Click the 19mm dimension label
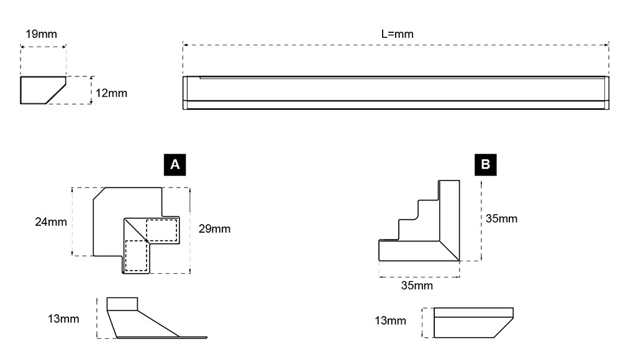[x=41, y=34]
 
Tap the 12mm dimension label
[x=111, y=93]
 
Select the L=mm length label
[x=398, y=34]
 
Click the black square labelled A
[x=175, y=165]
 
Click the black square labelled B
[x=485, y=165]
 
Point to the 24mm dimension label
[x=51, y=222]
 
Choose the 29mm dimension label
[x=214, y=229]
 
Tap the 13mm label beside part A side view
[x=63, y=319]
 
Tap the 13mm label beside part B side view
[x=391, y=321]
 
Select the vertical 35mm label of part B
[x=501, y=219]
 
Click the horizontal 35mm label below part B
[x=417, y=286]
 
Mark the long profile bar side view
[x=396, y=92]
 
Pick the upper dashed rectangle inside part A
[x=162, y=230]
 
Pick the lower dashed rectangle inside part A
[x=136, y=256]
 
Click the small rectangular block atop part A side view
[x=122, y=304]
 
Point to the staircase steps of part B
[x=409, y=219]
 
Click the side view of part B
[x=473, y=323]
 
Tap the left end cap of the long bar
[x=185, y=92]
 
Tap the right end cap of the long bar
[x=607, y=92]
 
